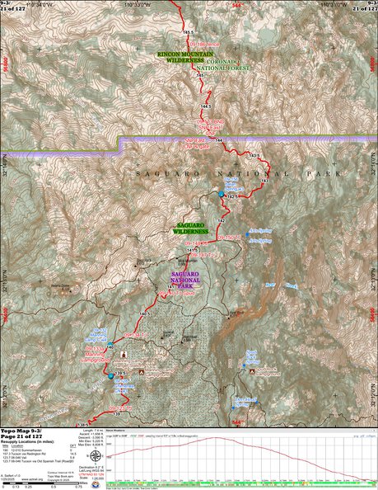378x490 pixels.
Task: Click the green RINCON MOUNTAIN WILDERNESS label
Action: [x=180, y=56]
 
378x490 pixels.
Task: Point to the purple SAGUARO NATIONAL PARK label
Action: [x=189, y=278]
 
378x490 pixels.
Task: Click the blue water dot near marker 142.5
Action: [x=222, y=195]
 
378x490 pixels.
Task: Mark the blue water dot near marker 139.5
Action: [x=110, y=377]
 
